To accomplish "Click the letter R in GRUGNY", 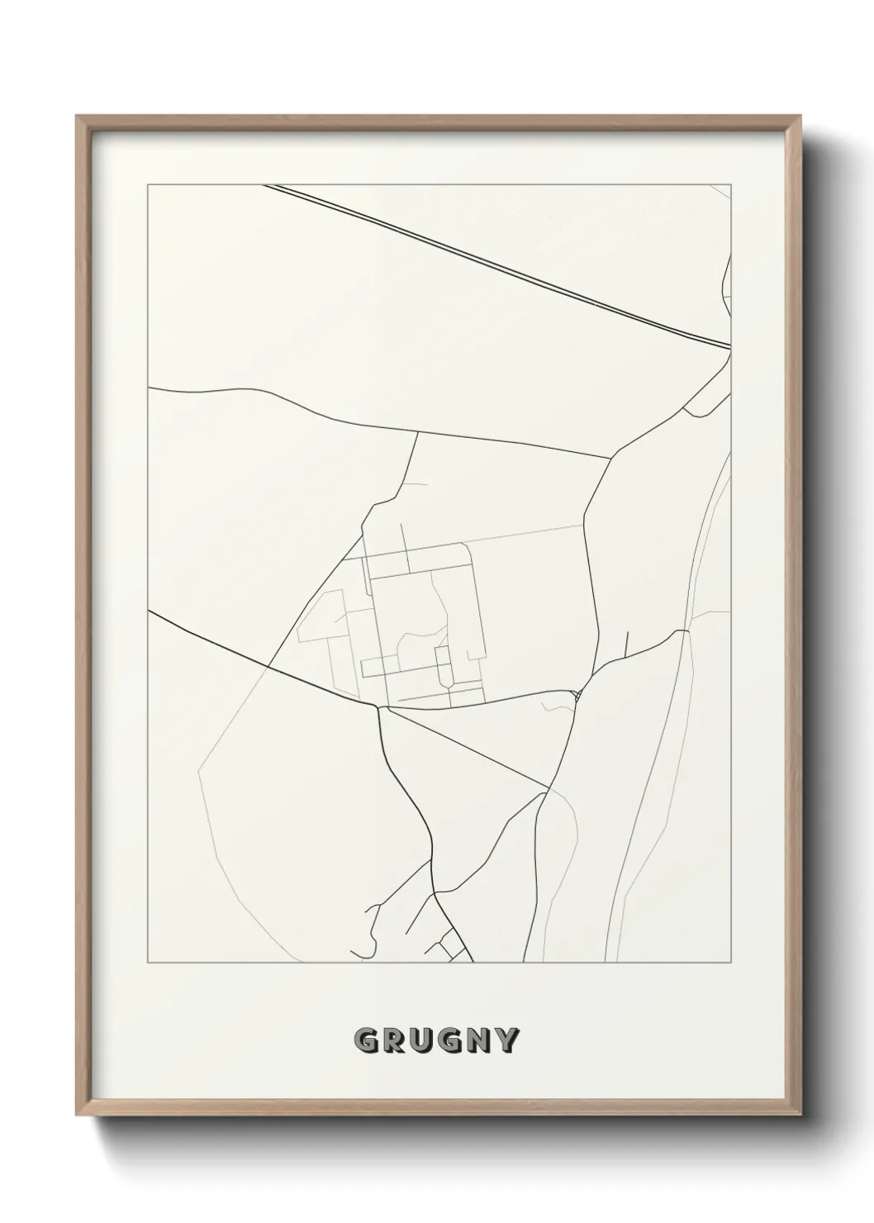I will (395, 1040).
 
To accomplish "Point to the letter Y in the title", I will (509, 1040).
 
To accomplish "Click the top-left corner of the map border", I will (148, 185).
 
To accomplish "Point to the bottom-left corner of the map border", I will (148, 963).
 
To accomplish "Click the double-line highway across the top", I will (496, 262).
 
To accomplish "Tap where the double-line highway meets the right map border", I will (731, 346).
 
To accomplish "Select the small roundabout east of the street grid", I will (578, 693).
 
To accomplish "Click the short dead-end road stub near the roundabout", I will (627, 645).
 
